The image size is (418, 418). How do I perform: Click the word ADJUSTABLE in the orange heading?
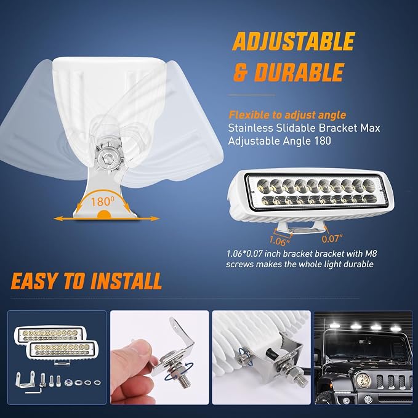click(x=294, y=41)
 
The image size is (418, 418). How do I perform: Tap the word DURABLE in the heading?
click(x=299, y=72)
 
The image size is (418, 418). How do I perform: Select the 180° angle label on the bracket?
click(x=101, y=202)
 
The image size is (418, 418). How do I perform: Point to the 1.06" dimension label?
click(x=279, y=241)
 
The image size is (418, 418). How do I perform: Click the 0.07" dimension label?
click(x=332, y=239)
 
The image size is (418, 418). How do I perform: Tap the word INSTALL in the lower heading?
click(x=126, y=281)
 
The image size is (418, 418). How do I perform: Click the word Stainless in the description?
click(x=251, y=128)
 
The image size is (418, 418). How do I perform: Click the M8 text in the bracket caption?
click(x=371, y=253)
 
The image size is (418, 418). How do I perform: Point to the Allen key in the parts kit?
click(x=34, y=390)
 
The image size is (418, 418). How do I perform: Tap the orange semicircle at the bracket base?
click(x=104, y=214)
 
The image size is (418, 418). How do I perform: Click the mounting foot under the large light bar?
click(x=300, y=228)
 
